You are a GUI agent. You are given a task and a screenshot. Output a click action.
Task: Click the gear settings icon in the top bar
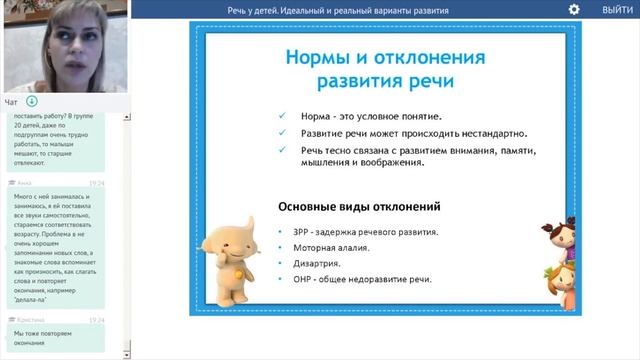coord(574,9)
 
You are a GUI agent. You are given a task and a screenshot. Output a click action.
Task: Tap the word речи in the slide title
coord(430,80)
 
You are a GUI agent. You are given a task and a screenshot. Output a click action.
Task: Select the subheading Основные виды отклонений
coord(359,206)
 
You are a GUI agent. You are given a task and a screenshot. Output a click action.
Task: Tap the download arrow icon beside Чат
coord(31,101)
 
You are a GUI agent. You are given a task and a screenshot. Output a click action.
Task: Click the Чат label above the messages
coord(11,101)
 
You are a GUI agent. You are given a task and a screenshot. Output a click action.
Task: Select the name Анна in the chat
coord(24,184)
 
